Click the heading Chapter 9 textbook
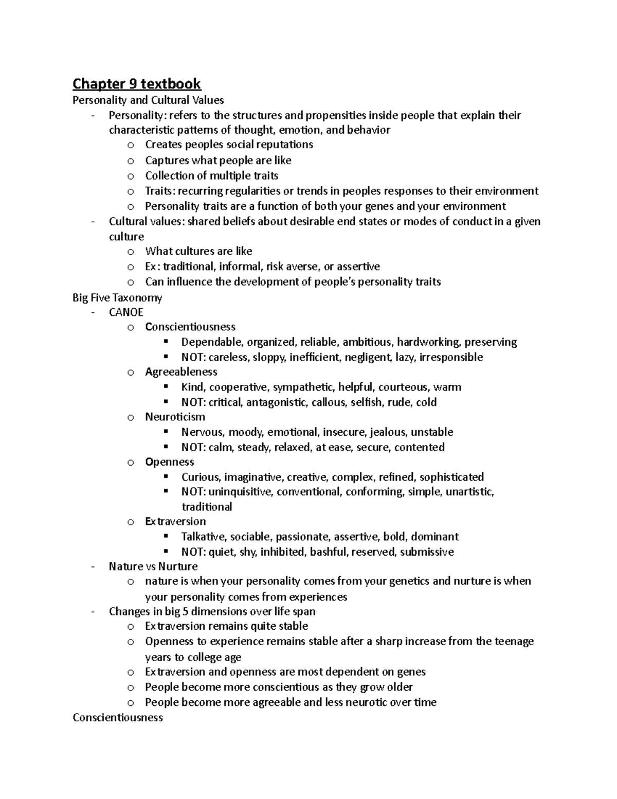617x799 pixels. point(136,83)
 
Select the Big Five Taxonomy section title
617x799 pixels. point(117,297)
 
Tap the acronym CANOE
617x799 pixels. point(126,312)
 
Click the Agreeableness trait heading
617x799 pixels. point(181,371)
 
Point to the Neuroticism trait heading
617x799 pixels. point(175,417)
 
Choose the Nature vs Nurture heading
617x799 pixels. point(153,566)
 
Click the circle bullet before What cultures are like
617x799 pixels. point(131,252)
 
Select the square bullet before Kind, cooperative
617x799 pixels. point(166,386)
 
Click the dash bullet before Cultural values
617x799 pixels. point(93,222)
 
